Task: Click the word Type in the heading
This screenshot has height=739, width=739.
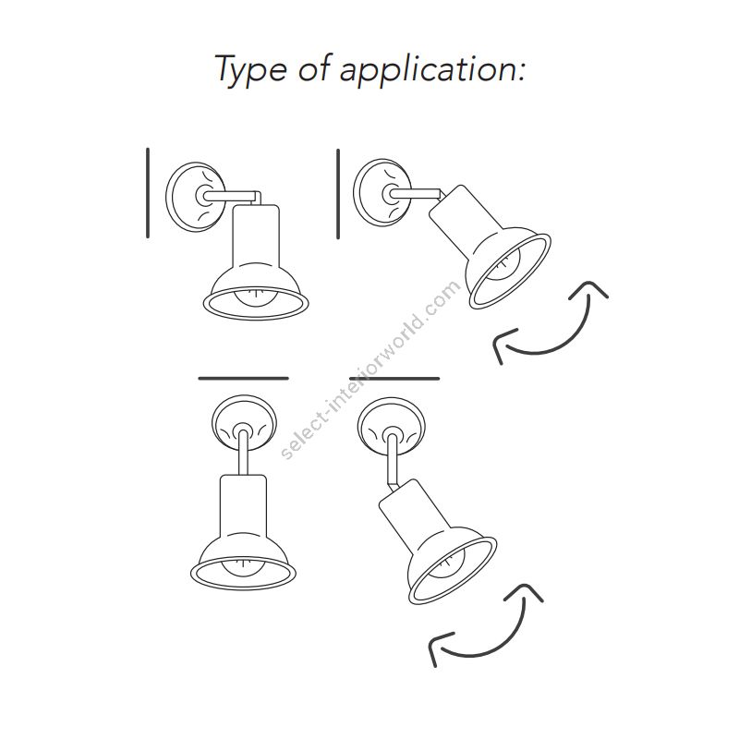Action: pyautogui.click(x=250, y=70)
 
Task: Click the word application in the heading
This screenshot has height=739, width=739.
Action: pyautogui.click(x=431, y=70)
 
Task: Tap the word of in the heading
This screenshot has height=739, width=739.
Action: pyautogui.click(x=314, y=67)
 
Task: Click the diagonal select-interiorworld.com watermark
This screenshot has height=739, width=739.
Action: pyautogui.click(x=370, y=369)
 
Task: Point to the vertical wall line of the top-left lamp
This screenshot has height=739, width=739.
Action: pyautogui.click(x=148, y=193)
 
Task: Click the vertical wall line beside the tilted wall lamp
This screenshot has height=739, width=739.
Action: pyautogui.click(x=338, y=194)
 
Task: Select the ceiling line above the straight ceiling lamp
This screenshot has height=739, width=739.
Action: pyautogui.click(x=243, y=378)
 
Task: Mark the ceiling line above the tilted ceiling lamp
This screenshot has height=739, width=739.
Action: pyautogui.click(x=394, y=378)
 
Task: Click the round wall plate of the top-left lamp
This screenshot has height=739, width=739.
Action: pyautogui.click(x=195, y=197)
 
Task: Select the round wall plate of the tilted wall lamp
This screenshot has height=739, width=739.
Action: pyautogui.click(x=382, y=192)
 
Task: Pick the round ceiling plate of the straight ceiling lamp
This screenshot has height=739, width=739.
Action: pyautogui.click(x=243, y=423)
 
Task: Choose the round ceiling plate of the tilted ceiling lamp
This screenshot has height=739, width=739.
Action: pyautogui.click(x=391, y=427)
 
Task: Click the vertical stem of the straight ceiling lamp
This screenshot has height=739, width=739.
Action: pyautogui.click(x=243, y=454)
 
